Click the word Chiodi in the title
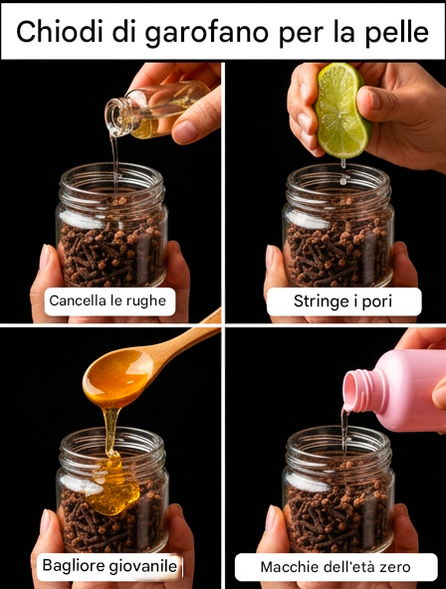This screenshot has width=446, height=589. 60,31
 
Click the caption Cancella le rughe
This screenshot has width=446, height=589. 108,300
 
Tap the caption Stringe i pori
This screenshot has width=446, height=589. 342,301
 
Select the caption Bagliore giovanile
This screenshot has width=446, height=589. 110,565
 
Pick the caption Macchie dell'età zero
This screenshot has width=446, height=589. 335,566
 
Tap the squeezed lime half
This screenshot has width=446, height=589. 341,110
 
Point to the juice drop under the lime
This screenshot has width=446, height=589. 343,164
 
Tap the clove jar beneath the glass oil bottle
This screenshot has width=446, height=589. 111,226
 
